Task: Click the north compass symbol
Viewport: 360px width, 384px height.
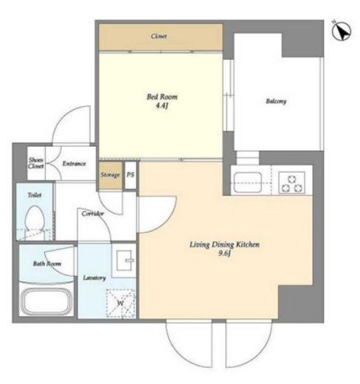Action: pyautogui.click(x=342, y=31)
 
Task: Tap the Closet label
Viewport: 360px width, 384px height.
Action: pyautogui.click(x=159, y=36)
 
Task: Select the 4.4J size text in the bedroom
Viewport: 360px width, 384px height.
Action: pyautogui.click(x=162, y=106)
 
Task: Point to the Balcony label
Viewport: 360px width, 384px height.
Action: pyautogui.click(x=276, y=101)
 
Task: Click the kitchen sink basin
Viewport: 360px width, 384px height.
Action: pyautogui.click(x=248, y=182)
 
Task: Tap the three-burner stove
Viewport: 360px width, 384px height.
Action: pyautogui.click(x=292, y=182)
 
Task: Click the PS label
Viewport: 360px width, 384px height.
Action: pyautogui.click(x=130, y=174)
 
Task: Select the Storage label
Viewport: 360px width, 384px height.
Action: pyautogui.click(x=110, y=175)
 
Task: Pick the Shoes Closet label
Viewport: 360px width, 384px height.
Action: pyautogui.click(x=36, y=163)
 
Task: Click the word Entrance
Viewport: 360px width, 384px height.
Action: pyautogui.click(x=74, y=163)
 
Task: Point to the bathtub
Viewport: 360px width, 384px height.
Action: pyautogui.click(x=47, y=301)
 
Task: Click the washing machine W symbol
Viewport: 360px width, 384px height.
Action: pyautogui.click(x=120, y=303)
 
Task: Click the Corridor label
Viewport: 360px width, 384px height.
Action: pyautogui.click(x=92, y=213)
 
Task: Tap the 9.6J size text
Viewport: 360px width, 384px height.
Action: pyautogui.click(x=224, y=253)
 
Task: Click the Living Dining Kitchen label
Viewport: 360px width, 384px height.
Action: pyautogui.click(x=225, y=244)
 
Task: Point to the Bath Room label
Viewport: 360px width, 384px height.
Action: pyautogui.click(x=47, y=264)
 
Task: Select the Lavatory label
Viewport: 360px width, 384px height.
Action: pyautogui.click(x=95, y=278)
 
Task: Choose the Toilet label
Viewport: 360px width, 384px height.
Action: pyautogui.click(x=35, y=195)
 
